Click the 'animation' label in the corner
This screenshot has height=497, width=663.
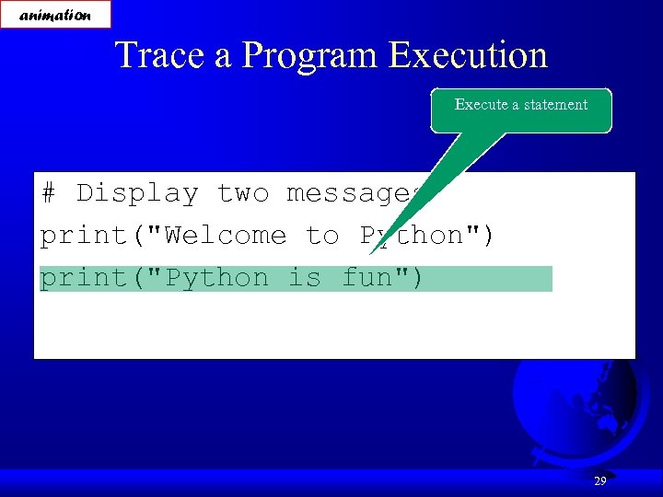pos(55,15)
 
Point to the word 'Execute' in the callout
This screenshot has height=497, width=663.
pos(481,105)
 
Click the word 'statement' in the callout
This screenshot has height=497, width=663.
pos(556,105)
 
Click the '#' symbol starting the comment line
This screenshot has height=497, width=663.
pos(49,193)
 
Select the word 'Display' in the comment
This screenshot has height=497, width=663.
pos(137,193)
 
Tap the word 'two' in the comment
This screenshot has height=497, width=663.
pos(242,193)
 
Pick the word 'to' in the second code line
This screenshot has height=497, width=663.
pos(322,236)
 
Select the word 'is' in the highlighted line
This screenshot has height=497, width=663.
pos(304,278)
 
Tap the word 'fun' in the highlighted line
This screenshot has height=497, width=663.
pos(366,278)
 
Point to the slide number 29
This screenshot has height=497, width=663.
pos(599,480)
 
